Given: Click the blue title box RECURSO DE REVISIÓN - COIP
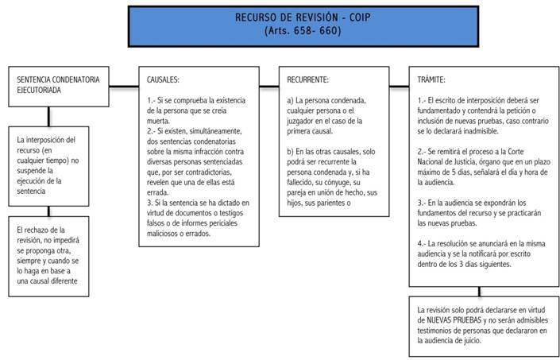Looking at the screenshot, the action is [x=303, y=26].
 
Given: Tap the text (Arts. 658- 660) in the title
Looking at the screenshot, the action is [x=303, y=31].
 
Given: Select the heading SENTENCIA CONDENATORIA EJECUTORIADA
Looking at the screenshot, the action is [x=58, y=85].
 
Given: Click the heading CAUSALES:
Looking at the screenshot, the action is [x=163, y=79].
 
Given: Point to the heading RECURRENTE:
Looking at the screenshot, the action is [x=307, y=79].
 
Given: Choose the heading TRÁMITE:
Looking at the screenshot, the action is [x=431, y=79].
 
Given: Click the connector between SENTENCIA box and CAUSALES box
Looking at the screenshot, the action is [x=124, y=87].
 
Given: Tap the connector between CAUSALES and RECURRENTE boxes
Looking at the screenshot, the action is [x=269, y=87].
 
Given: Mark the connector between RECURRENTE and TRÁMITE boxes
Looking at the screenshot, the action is [x=399, y=87].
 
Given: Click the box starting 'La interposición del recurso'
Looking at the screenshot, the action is [x=48, y=166].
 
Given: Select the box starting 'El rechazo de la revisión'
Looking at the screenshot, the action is [x=48, y=257].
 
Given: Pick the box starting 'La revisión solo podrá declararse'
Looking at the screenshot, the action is [x=484, y=327].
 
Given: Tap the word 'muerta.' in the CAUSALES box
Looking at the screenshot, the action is [x=158, y=121].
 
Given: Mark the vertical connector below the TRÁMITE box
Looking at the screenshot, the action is [x=479, y=292].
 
